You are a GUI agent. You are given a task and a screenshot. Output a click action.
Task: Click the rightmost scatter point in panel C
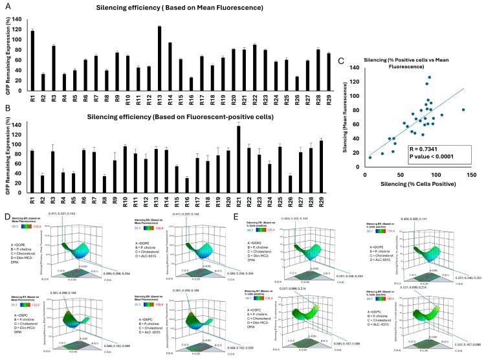click(x=463, y=110)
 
